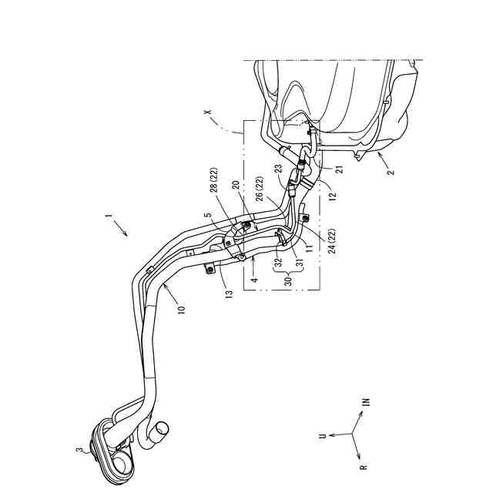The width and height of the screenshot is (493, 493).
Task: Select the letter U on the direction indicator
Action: click(x=323, y=435)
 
